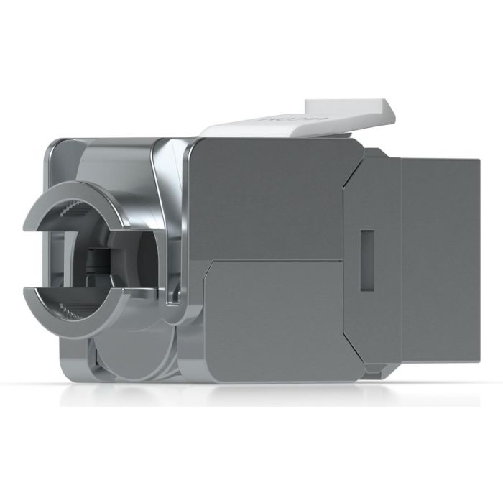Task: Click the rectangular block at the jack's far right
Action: tap(438, 259)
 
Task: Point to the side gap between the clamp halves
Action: tap(32, 259)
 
